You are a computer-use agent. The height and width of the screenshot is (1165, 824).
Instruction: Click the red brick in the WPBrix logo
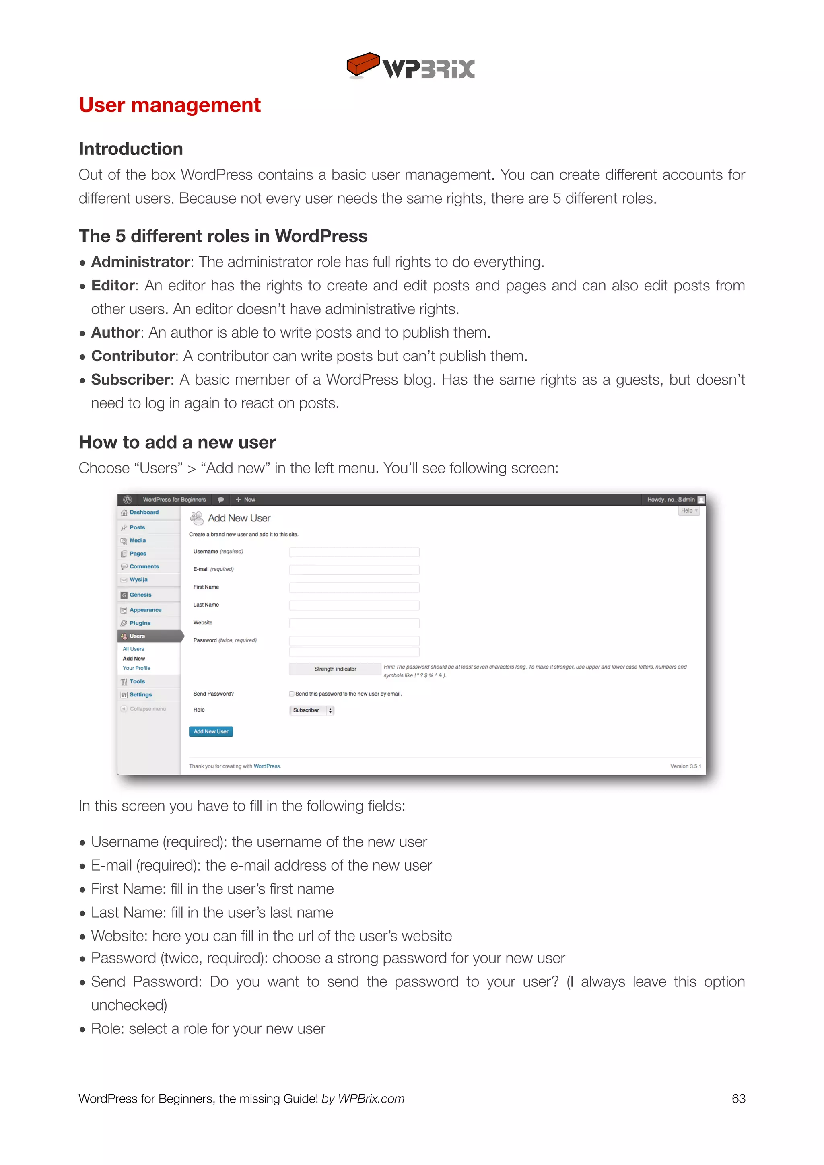(362, 64)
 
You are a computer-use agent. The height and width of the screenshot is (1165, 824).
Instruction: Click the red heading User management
(169, 105)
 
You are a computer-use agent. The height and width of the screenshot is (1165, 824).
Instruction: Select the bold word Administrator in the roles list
(140, 262)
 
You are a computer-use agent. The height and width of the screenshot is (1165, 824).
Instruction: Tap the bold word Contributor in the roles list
(132, 356)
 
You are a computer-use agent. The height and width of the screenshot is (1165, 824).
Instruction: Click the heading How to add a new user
(177, 443)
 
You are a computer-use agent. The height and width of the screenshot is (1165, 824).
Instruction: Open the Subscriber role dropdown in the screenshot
(311, 710)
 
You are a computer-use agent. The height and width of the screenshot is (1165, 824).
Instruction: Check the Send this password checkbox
(292, 694)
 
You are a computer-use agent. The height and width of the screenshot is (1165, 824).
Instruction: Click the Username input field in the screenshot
(354, 552)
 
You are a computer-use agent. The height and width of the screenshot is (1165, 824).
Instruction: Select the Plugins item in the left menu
(140, 623)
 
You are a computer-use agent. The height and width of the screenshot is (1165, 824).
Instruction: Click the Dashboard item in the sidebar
(144, 513)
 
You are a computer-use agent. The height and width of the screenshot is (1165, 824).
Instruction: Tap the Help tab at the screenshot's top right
(688, 511)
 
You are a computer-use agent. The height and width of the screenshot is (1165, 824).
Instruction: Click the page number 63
(738, 1099)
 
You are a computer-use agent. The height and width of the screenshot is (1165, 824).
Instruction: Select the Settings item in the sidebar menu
(140, 695)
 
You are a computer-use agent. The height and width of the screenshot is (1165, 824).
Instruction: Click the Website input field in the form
(354, 623)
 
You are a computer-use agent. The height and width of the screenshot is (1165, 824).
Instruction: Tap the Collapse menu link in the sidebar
(147, 709)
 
